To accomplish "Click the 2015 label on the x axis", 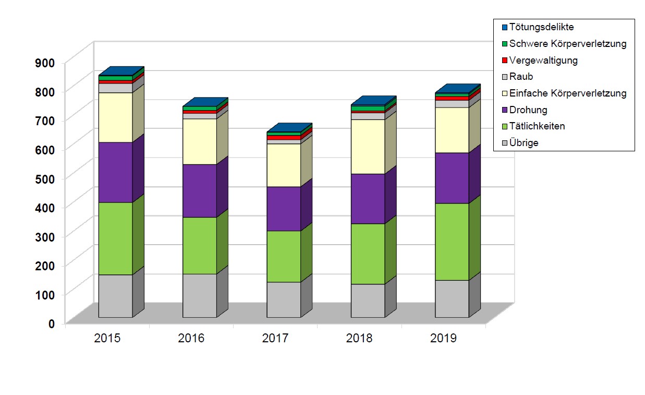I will [x=107, y=338].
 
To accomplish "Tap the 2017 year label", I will [x=275, y=338].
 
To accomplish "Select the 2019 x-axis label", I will [x=443, y=338].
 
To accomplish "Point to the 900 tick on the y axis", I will [x=45, y=63].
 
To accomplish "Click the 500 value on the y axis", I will [x=45, y=178].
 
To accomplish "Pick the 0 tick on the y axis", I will [x=52, y=324].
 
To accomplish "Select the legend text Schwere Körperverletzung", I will [x=567, y=44].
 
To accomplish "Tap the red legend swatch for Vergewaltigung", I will [x=504, y=61].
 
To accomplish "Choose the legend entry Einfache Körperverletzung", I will [x=567, y=93].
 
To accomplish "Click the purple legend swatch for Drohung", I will [x=504, y=110].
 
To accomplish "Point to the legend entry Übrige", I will [x=524, y=143].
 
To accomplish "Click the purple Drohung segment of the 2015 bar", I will [x=115, y=172].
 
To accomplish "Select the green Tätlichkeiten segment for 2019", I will [x=452, y=242].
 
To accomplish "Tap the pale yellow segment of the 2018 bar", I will [x=368, y=147].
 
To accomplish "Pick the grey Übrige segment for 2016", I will [x=199, y=295].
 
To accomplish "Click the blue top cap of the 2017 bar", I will [x=289, y=128].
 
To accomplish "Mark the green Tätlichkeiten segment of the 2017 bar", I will [x=284, y=256].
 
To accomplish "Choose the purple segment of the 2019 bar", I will [x=452, y=178].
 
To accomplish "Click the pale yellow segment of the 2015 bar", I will [x=115, y=117].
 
